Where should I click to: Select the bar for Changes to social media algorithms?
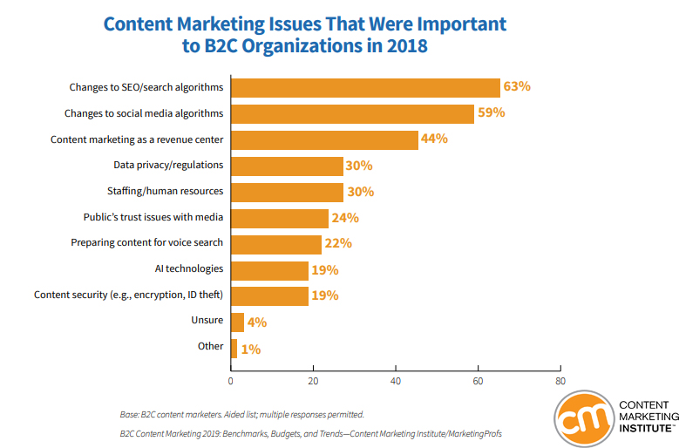(x=352, y=113)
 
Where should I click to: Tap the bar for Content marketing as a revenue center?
(x=324, y=139)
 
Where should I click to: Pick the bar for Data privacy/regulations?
(x=287, y=166)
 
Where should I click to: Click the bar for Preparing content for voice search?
(x=276, y=244)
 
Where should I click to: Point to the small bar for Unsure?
(x=237, y=322)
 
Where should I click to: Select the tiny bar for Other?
(x=234, y=349)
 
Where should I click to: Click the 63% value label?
(x=517, y=87)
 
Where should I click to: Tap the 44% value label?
(x=434, y=139)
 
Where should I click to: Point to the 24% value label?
(x=345, y=218)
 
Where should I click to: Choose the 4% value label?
(x=256, y=322)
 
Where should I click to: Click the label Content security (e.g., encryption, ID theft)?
(x=129, y=295)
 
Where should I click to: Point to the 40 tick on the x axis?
(x=396, y=381)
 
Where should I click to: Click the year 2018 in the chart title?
(x=403, y=46)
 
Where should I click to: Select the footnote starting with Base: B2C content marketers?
(x=241, y=414)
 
